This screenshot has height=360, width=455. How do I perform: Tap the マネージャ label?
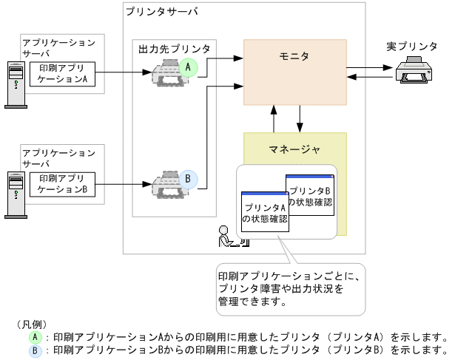coord(294,150)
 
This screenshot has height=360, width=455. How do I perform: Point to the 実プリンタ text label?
coord(411,47)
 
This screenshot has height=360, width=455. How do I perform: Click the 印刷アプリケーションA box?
coord(63,73)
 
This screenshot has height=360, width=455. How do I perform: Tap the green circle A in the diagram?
coord(188,67)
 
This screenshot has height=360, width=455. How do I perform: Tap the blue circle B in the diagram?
coord(188,179)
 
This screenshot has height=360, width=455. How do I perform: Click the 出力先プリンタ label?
coord(174,49)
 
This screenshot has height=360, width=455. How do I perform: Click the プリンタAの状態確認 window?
coord(264,212)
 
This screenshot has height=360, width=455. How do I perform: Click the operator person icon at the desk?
coord(225,237)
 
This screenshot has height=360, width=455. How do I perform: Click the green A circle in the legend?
coord(35,335)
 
